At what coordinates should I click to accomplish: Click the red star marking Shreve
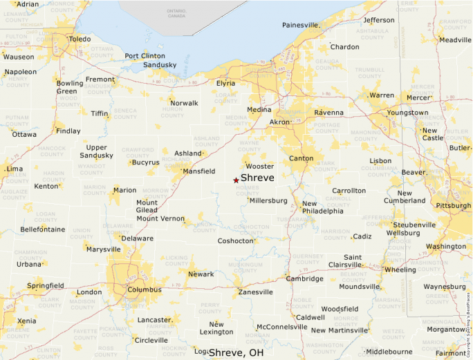[236, 180]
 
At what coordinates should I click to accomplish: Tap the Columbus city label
[145, 290]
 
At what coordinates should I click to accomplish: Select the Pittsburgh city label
[453, 205]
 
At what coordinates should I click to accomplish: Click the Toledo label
[80, 39]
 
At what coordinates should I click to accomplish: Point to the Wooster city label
[260, 166]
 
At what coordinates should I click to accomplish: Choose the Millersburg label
[268, 200]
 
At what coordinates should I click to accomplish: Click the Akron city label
[280, 122]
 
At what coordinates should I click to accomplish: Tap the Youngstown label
[407, 113]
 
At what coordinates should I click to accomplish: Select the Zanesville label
[255, 292]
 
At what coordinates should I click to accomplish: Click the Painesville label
[299, 26]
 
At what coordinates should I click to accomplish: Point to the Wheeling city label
[400, 269]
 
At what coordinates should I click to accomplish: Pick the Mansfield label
[198, 171]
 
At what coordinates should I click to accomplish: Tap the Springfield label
[45, 285]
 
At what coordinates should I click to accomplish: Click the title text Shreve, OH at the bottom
[236, 352]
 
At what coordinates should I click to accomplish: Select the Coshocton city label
[236, 240]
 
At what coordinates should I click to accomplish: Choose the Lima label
[14, 169]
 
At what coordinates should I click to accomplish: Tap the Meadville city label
[455, 39]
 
